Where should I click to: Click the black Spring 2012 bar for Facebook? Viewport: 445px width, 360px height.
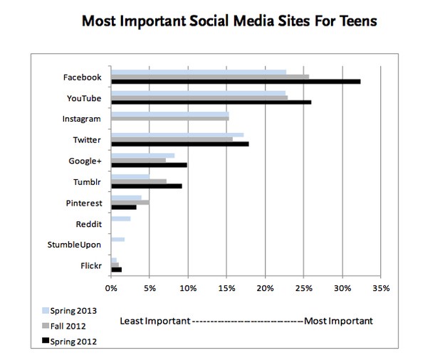tap(235, 82)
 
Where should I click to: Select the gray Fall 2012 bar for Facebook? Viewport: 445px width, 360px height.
tap(209, 77)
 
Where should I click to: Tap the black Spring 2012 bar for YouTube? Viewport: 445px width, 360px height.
tap(211, 102)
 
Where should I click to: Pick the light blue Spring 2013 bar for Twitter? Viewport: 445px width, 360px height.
tap(177, 134)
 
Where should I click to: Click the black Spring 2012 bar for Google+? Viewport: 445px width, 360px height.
tap(149, 165)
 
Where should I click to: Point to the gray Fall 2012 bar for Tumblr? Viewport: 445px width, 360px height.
tap(139, 181)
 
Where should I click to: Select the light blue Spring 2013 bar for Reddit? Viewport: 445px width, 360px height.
tap(120, 218)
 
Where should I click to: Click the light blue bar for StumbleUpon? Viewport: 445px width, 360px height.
tap(117, 239)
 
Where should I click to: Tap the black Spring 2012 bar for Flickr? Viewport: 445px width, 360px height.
tap(116, 270)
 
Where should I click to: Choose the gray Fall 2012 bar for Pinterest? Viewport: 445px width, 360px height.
tap(130, 202)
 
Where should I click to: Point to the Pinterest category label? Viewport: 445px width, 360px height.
tap(83, 203)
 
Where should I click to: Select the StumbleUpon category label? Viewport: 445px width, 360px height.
tap(74, 245)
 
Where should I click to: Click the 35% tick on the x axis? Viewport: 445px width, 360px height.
tap(381, 289)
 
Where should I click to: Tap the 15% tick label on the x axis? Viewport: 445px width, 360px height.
tap(226, 289)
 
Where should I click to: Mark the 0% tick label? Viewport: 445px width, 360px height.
tap(111, 289)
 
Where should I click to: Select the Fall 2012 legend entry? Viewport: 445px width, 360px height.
tap(68, 326)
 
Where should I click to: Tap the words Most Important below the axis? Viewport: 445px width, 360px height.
tap(338, 321)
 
